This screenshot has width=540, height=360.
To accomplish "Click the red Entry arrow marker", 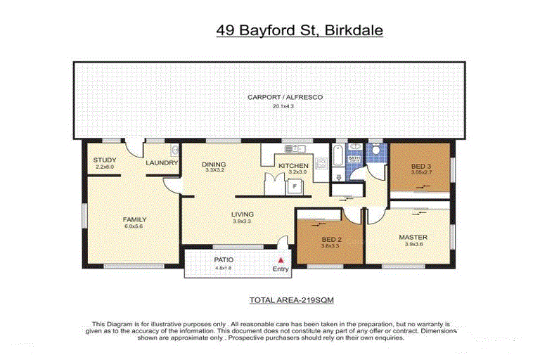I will pos(281,260).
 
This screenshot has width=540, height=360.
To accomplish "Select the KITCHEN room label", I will pos(293,166).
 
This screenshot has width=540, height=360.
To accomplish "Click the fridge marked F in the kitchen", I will pos(295,186).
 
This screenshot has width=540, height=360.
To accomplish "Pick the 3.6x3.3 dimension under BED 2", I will pos(330,246).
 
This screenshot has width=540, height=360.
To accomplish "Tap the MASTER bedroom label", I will pos(413,237).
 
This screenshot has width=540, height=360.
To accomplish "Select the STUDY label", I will pos(105,160).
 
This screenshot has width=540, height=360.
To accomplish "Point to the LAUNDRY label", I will pos(160,163).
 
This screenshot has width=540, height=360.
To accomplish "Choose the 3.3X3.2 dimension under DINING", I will pos(214,170).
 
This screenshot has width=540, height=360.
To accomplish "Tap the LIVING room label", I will pos(243,214).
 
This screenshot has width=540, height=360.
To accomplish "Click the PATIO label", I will pos(224,259).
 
